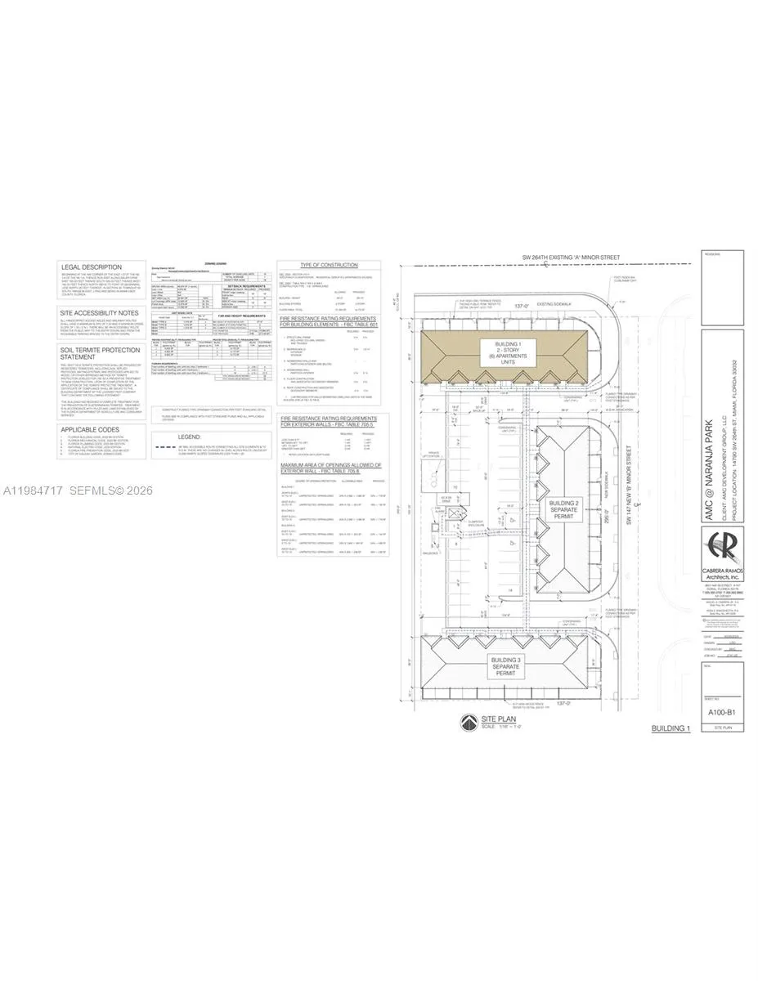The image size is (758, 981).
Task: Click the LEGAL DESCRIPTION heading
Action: (91, 267)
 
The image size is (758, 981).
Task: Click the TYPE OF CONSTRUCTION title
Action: (329, 266)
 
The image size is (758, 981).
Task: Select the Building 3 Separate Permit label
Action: (506, 663)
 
